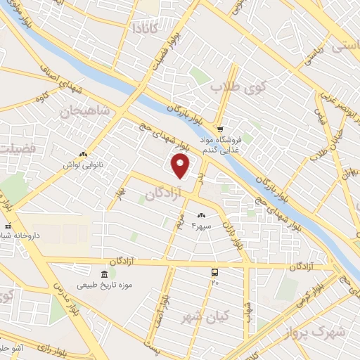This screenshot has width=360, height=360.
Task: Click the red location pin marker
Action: tap(181, 166)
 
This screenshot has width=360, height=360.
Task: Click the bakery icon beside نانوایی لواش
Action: tap(84, 154)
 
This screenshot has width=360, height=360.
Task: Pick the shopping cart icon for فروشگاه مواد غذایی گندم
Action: tap(220, 129)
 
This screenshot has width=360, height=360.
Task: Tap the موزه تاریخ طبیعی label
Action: tap(104, 284)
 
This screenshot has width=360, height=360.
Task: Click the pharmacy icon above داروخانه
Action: tap(8, 227)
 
